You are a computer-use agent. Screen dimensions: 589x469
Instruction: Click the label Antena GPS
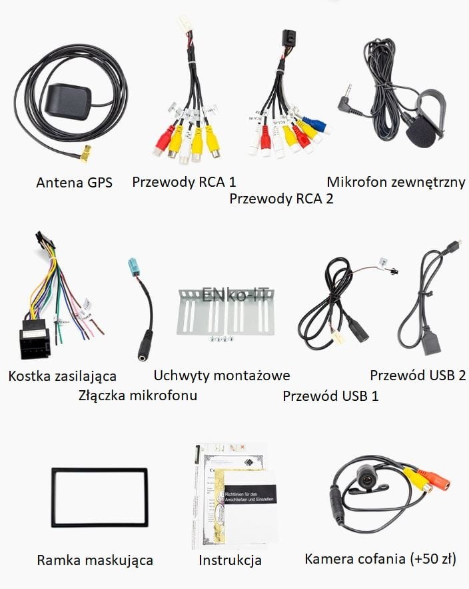[x=74, y=182]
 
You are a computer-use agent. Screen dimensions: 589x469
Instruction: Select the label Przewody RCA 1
[x=184, y=181]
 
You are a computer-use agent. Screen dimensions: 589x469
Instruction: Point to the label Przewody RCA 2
[x=281, y=198]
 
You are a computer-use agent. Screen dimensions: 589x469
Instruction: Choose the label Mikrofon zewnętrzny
[x=396, y=181]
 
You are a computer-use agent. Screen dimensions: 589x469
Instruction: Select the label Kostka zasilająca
[x=63, y=376]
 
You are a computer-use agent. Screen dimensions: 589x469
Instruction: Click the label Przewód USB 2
[x=418, y=375]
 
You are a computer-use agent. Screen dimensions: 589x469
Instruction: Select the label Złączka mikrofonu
[x=137, y=396]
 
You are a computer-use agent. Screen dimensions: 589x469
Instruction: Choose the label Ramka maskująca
[x=95, y=560]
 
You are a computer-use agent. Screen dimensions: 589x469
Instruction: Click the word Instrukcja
[x=230, y=560]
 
